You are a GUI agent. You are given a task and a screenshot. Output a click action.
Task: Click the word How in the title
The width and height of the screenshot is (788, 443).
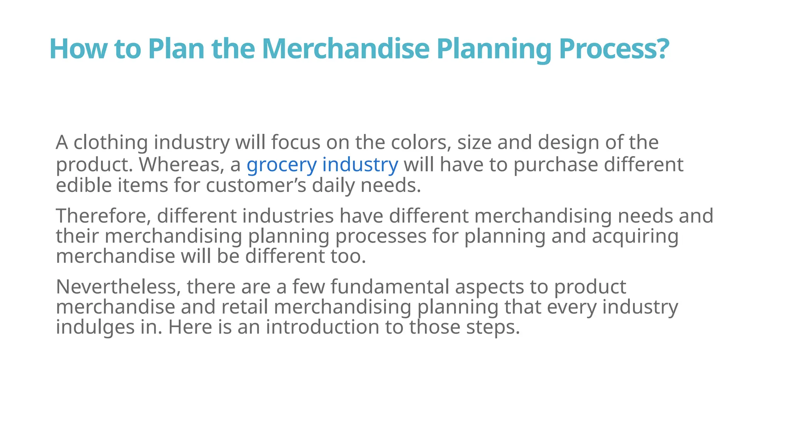pos(78,49)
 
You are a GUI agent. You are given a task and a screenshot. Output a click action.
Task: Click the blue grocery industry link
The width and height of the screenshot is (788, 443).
pos(322,165)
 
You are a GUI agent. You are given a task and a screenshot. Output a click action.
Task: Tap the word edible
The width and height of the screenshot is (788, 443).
pos(83,185)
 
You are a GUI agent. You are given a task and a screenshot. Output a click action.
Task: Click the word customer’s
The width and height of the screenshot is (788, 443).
pos(256,185)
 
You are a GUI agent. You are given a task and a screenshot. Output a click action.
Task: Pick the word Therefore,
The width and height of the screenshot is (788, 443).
pos(103,216)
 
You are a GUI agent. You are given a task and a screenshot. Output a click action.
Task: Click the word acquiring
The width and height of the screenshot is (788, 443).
pos(635,236)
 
